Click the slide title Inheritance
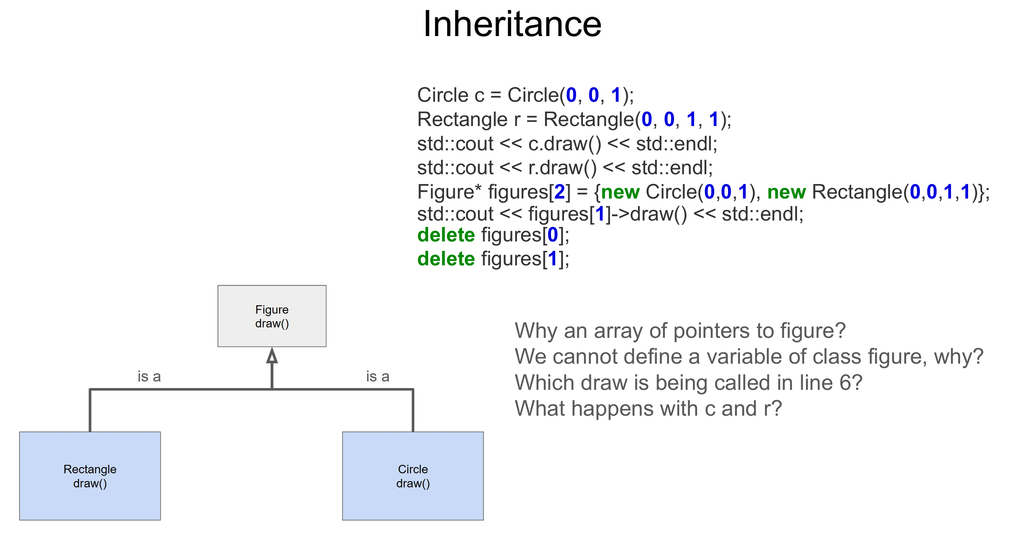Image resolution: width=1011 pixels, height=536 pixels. point(512,24)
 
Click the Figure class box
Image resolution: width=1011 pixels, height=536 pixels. point(272,316)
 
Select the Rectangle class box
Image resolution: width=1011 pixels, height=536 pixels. point(90,476)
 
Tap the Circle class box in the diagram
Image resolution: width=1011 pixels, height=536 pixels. point(413,476)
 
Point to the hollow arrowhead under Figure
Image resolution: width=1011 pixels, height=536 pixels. point(272,356)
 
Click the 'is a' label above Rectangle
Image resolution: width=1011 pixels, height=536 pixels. point(149,377)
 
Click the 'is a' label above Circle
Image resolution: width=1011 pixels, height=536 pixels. point(378,377)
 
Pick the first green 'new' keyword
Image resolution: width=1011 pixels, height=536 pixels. point(620,192)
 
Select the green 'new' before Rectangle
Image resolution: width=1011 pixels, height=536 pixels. point(786,192)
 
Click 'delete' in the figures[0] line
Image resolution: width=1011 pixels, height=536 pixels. point(446,235)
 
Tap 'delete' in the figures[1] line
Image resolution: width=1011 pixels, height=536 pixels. point(446,259)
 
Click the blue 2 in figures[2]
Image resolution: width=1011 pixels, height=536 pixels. point(559,192)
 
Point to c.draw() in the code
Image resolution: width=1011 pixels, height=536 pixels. point(564,144)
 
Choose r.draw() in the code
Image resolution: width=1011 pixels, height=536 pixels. point(562,168)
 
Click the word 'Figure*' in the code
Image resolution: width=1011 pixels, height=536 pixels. point(449,192)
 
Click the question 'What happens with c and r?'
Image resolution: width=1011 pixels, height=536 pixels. point(648,409)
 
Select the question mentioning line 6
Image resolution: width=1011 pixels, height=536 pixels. point(688,383)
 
